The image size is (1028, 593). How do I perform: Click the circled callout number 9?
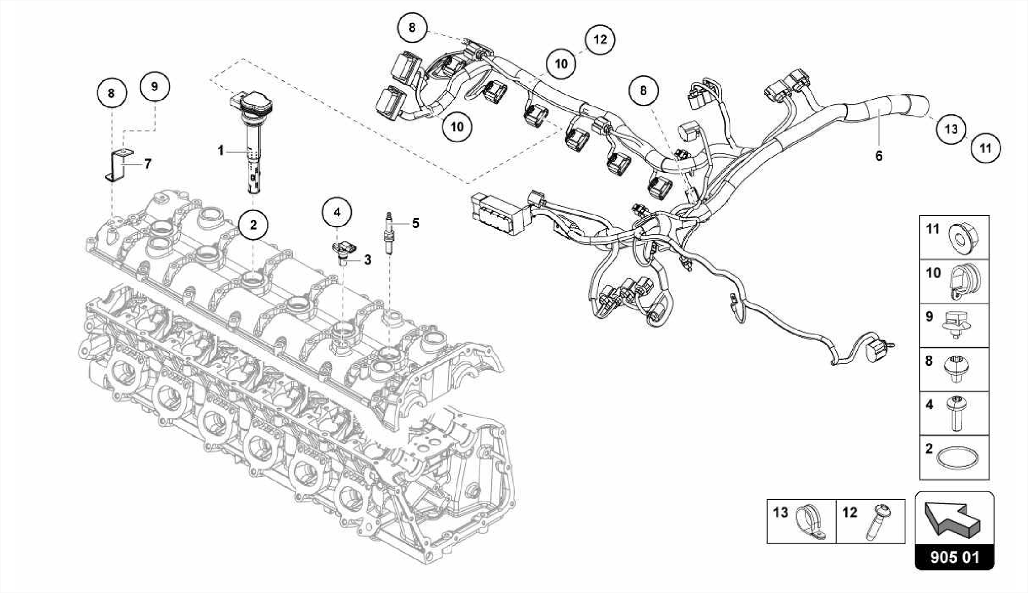[154, 86]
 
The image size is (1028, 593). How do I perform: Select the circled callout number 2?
[253, 224]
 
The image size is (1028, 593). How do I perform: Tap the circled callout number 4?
[337, 212]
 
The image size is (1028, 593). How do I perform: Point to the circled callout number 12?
[600, 39]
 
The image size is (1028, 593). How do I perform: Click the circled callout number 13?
[951, 129]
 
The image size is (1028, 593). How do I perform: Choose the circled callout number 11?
[985, 148]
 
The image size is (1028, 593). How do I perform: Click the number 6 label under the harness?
[878, 156]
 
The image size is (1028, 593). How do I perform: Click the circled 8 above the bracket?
[111, 93]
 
